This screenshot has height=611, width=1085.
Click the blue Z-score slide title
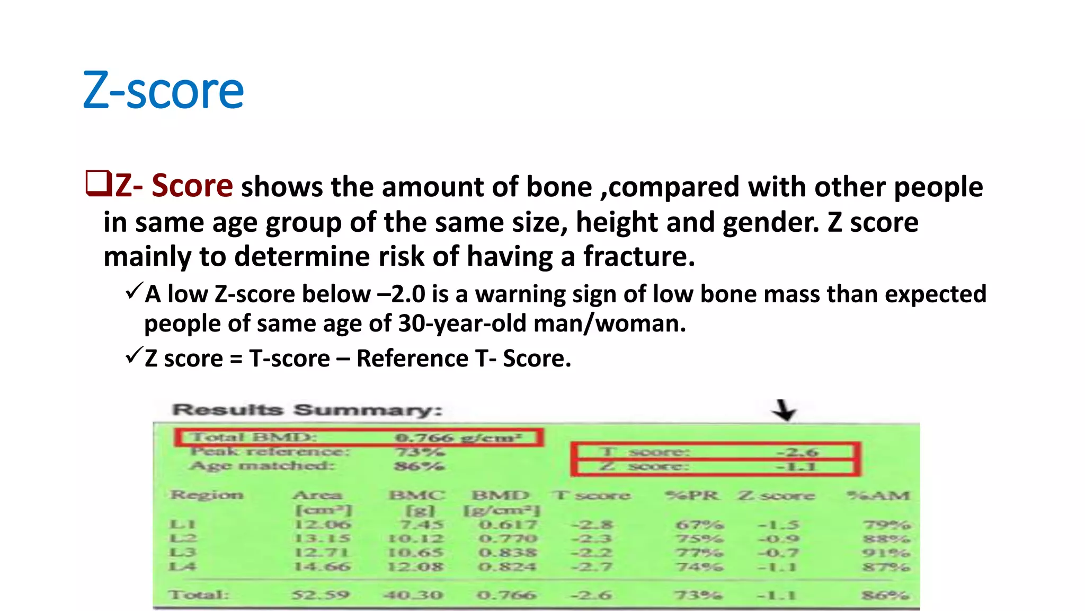tap(163, 91)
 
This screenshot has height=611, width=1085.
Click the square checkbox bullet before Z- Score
tap(98, 184)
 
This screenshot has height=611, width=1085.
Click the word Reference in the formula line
tap(412, 359)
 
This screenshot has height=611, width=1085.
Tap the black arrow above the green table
tap(784, 410)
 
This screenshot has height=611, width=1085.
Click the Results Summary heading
tap(307, 410)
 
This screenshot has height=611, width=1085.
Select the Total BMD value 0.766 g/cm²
tap(458, 438)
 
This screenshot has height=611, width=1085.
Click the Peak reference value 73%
tap(420, 452)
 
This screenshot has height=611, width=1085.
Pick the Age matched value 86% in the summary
tap(419, 466)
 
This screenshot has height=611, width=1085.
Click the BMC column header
tap(417, 495)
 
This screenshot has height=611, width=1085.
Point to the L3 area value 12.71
tap(322, 553)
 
